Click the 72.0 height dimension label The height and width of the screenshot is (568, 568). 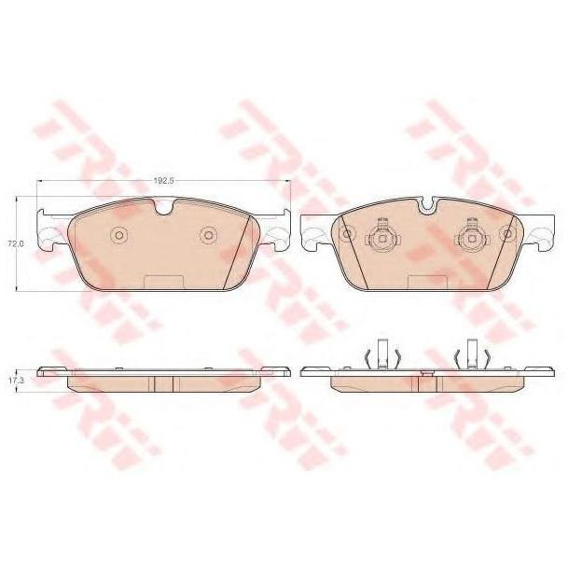tap(16, 243)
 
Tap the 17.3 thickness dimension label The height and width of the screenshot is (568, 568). tap(16, 380)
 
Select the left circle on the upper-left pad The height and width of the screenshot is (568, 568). tap(118, 235)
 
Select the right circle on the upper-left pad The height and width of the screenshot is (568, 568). tap(208, 235)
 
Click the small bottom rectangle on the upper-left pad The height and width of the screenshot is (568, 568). tap(163, 283)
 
